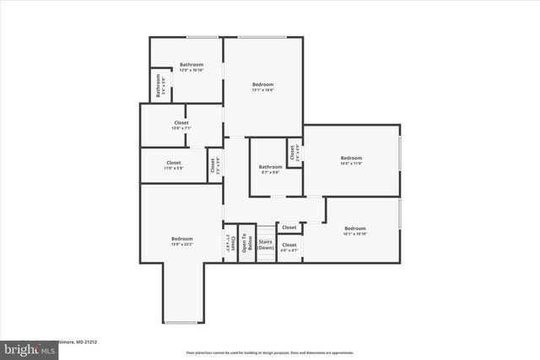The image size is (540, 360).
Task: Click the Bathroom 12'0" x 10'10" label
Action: (191, 67)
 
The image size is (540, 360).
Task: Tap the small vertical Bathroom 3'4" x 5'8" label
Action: (158, 87)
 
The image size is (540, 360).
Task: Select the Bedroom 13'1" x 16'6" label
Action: (263, 87)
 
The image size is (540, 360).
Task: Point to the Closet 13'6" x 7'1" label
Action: (181, 126)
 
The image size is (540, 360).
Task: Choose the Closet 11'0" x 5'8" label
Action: (173, 165)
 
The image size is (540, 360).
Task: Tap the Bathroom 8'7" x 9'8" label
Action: (270, 169)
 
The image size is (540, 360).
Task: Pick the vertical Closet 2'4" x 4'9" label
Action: (294, 153)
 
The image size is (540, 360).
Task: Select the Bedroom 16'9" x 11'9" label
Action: (351, 160)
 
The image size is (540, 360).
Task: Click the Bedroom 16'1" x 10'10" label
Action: (354, 231)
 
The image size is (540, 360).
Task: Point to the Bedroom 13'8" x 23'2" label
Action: (182, 242)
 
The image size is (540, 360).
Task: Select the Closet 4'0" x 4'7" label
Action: (289, 248)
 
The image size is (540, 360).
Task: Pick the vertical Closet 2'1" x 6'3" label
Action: (228, 244)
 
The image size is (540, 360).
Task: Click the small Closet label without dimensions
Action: (289, 228)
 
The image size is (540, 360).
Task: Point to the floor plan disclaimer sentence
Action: (270, 352)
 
